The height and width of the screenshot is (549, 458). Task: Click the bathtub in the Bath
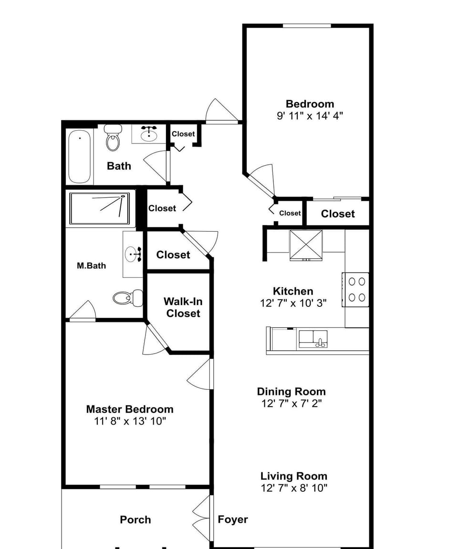[79, 156]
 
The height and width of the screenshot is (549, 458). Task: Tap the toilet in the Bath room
[113, 138]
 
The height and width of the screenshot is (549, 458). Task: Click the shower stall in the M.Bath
[100, 208]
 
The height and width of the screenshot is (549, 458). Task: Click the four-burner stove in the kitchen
[356, 289]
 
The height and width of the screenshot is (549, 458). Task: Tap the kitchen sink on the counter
[313, 339]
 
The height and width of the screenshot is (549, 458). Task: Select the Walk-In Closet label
[183, 307]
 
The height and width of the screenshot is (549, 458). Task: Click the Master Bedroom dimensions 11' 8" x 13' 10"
[130, 421]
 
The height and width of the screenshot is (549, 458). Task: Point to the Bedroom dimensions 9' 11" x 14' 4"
[310, 116]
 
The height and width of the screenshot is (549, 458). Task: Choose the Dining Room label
[291, 392]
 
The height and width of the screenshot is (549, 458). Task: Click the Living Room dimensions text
[294, 488]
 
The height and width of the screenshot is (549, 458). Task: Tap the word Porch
[135, 520]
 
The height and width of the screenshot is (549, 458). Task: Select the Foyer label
[233, 519]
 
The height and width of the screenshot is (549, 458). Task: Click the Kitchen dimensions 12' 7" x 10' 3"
[293, 304]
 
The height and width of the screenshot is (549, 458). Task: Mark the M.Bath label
[91, 265]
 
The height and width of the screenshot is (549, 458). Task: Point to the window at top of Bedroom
[307, 26]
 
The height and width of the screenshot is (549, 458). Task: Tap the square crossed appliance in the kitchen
[306, 244]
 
